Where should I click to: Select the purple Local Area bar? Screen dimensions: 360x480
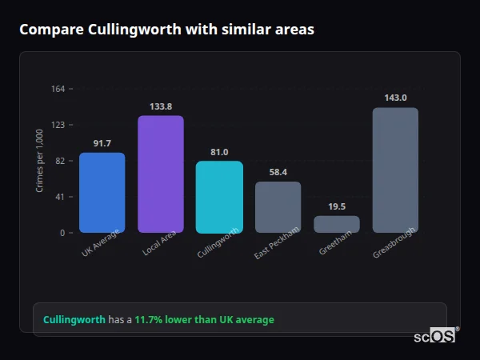(160, 174)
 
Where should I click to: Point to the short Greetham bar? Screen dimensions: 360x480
(337, 224)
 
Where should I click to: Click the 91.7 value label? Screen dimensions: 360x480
(102, 143)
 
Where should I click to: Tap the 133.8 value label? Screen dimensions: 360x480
(160, 106)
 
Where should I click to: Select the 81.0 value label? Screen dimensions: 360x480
(219, 152)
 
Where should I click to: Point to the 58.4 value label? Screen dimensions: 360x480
(278, 172)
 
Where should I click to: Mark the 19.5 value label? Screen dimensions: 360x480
(337, 206)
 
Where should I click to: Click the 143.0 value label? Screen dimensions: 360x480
(395, 98)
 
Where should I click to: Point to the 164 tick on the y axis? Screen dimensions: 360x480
(58, 89)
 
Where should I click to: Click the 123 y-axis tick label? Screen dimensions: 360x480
(58, 125)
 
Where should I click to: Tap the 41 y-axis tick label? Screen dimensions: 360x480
(60, 197)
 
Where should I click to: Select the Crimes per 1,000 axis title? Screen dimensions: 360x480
(40, 160)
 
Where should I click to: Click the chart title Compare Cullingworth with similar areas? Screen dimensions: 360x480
(166, 30)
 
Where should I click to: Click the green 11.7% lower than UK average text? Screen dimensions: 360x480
(204, 320)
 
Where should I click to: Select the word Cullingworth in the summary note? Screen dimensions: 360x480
(74, 320)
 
